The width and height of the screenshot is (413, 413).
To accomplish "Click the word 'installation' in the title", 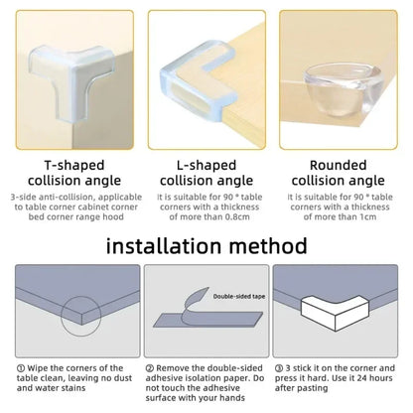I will [156, 243].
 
